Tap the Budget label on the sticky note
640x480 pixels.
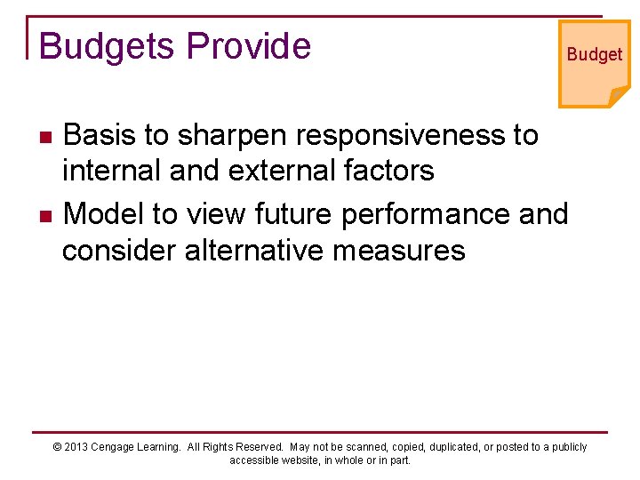click(x=594, y=54)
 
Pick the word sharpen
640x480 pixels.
click(x=231, y=135)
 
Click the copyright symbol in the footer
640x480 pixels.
click(x=58, y=447)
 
